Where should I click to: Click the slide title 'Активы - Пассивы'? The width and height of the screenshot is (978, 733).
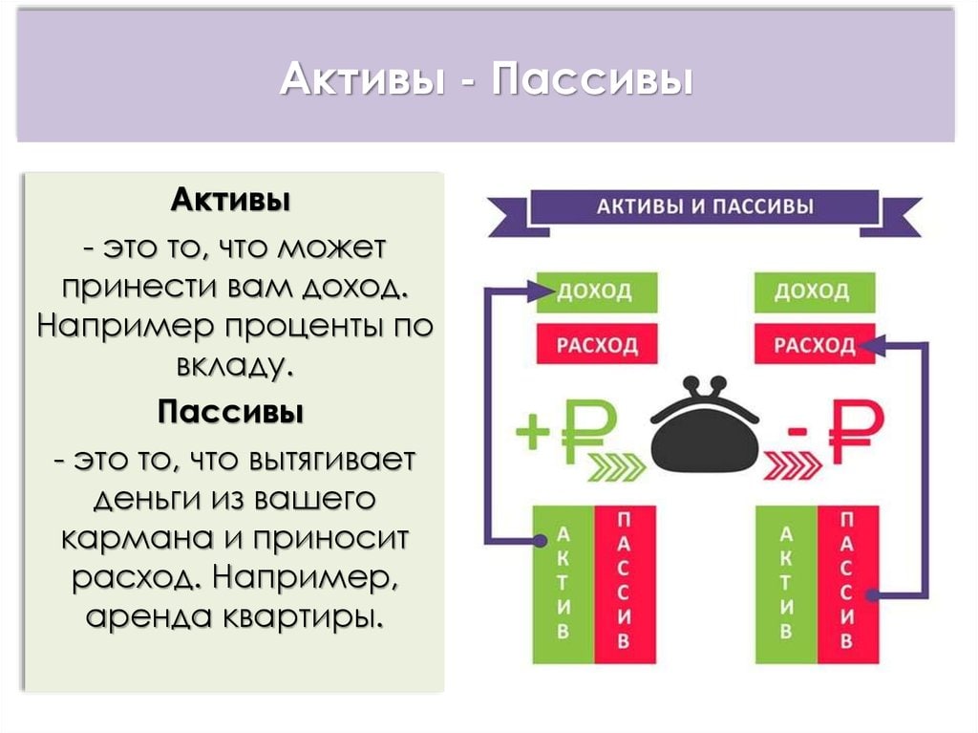tap(486, 79)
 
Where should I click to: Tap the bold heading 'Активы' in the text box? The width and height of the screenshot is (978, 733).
tap(231, 200)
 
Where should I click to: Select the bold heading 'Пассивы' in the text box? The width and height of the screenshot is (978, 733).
tap(230, 412)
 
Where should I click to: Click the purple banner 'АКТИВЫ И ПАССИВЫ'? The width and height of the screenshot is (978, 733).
tap(705, 206)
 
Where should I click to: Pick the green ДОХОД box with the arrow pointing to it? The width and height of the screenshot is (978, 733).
tap(597, 292)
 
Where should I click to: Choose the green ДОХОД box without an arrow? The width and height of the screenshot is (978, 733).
tap(815, 292)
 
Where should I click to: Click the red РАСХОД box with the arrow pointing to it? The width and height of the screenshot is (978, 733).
tap(815, 343)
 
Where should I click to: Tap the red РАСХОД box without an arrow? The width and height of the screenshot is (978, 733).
tap(597, 343)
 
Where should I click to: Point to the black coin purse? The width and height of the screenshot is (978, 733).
tap(705, 424)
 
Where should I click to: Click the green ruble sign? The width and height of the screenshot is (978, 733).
tap(588, 430)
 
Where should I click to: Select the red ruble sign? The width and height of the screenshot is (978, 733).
tap(857, 431)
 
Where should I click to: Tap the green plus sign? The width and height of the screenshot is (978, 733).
tap(533, 431)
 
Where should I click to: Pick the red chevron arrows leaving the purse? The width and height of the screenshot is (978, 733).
tap(793, 465)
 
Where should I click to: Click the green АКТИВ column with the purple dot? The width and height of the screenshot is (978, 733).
tap(563, 585)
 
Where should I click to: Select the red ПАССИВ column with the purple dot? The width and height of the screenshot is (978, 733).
tap(848, 585)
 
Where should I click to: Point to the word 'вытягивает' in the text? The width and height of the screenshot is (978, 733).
tap(332, 460)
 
